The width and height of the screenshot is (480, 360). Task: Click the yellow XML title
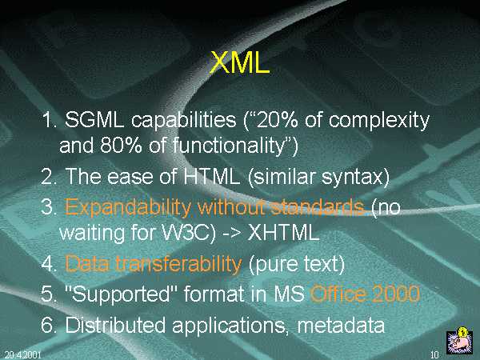[x=240, y=62]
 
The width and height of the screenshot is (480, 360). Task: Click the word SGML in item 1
[x=94, y=119]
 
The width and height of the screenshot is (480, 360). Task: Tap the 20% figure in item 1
[x=278, y=119]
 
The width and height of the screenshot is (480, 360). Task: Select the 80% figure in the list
[x=121, y=145]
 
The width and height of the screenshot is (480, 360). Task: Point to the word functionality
[x=229, y=146]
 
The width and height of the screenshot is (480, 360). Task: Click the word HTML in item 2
[x=211, y=176]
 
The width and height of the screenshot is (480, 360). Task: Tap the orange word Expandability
[x=128, y=208]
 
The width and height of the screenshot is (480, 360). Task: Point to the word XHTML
[x=283, y=233]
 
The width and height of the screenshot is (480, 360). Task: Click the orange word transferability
[x=178, y=263]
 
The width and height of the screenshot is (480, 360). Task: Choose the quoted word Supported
[x=118, y=294]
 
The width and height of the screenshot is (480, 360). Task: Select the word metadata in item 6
[x=341, y=325]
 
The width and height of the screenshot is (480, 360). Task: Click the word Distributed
[x=115, y=325]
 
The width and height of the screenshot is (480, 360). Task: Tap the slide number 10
[x=435, y=354]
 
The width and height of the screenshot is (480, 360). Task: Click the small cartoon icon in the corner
[x=458, y=341]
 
